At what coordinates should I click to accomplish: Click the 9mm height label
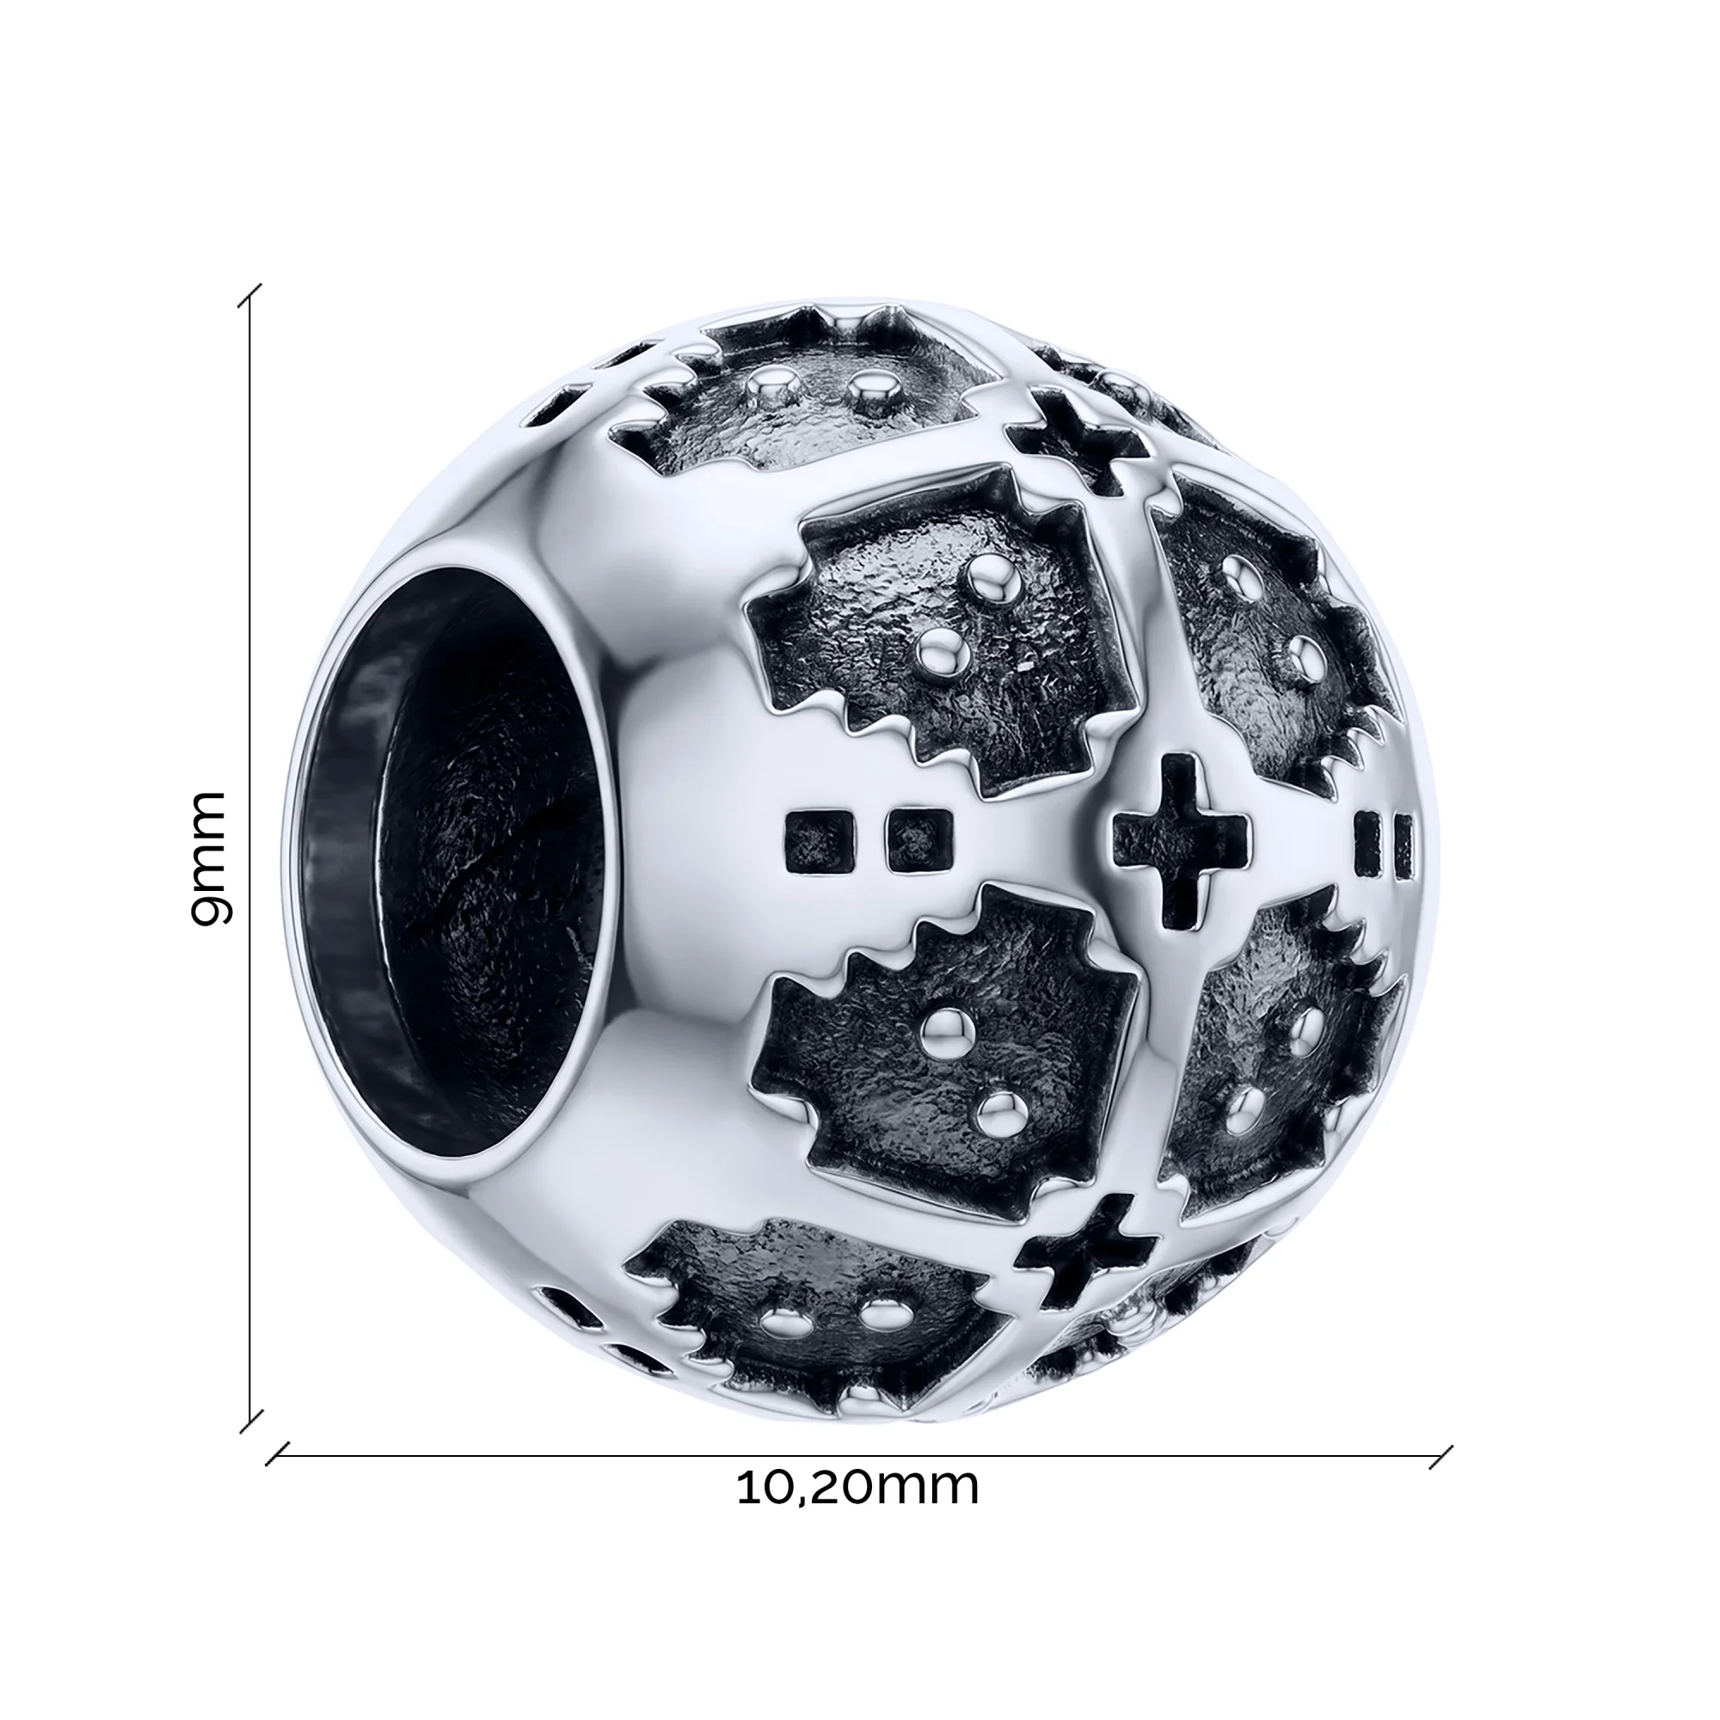[211, 858]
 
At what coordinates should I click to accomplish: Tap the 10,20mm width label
[857, 1487]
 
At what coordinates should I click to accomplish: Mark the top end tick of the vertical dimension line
[249, 296]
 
